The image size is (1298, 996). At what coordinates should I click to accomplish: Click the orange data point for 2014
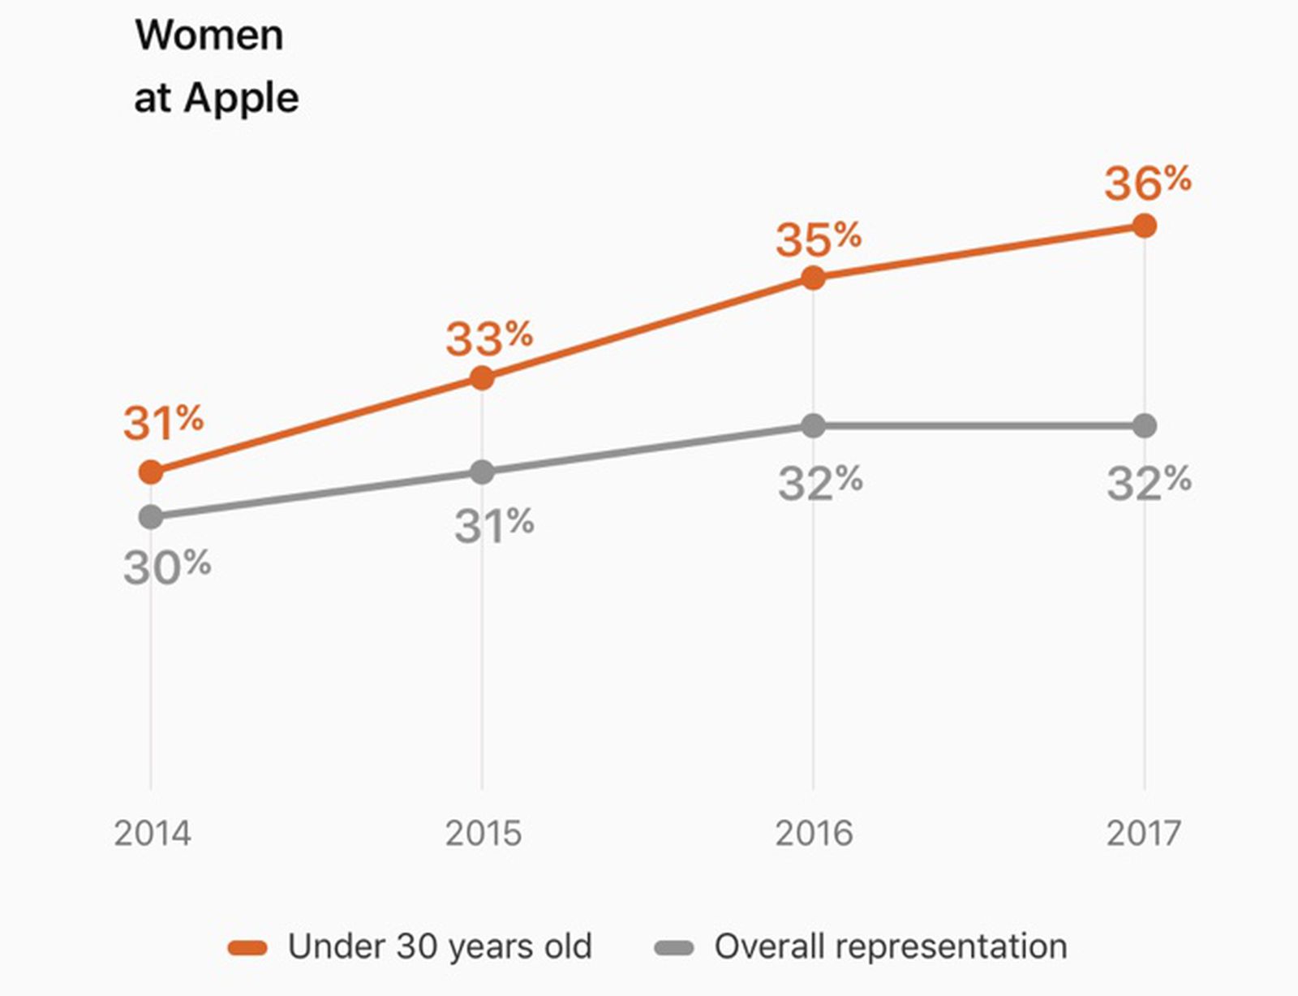[151, 472]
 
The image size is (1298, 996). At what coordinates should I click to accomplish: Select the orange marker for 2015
[482, 377]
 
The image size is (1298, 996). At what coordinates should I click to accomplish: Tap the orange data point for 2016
[813, 278]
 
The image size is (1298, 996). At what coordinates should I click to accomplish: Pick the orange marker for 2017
[1144, 226]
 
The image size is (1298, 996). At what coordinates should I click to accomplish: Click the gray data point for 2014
[151, 516]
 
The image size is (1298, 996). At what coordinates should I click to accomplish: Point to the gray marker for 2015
[482, 472]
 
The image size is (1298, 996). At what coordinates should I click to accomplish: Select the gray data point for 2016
[813, 425]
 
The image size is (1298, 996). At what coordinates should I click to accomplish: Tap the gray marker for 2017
[1144, 425]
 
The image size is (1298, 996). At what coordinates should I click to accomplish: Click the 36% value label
[1147, 182]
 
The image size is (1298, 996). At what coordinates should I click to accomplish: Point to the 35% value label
[818, 239]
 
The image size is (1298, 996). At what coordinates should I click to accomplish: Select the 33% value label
[488, 338]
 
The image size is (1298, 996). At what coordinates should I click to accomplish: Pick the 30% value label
[167, 566]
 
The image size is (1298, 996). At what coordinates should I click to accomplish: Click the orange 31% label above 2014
[163, 422]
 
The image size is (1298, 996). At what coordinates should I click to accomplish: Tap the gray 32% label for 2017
[1149, 483]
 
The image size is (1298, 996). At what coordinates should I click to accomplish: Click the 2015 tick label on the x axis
[484, 834]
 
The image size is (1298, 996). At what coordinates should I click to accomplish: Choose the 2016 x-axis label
[814, 834]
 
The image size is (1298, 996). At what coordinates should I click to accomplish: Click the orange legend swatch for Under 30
[247, 948]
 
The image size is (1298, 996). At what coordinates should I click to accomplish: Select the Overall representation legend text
[890, 946]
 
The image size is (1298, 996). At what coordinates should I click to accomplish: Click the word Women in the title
[209, 35]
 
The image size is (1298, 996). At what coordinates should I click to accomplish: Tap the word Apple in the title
[241, 98]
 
